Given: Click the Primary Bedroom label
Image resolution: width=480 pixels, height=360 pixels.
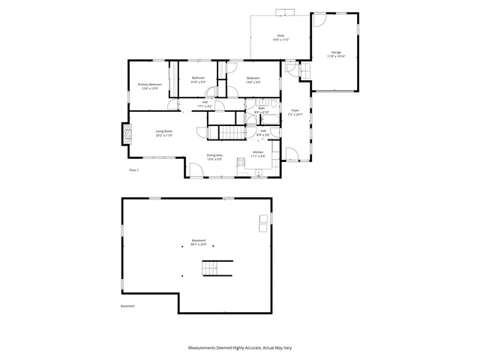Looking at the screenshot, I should click(149, 85).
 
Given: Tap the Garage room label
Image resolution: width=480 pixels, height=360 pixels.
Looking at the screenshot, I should click(336, 54).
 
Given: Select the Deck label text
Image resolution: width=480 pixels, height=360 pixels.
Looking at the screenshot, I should click(280, 37).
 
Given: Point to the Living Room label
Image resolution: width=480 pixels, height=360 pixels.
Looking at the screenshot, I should click(165, 134).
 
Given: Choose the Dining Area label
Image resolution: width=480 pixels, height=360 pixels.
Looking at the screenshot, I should click(214, 156).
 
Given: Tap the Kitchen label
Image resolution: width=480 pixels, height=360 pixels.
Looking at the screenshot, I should click(257, 154).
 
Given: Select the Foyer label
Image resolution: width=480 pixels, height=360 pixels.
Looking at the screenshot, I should click(295, 114).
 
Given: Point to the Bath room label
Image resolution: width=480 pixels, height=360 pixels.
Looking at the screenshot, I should click(262, 110).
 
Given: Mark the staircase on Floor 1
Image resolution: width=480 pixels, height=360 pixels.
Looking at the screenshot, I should click(232, 133).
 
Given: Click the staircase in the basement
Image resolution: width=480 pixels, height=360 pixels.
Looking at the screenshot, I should click(215, 268).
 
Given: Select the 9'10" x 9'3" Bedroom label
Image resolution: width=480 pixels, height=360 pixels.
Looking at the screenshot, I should click(198, 79).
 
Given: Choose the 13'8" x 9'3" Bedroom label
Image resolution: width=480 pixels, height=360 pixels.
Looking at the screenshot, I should click(253, 79).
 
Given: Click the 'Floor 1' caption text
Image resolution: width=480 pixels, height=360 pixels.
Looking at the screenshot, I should click(134, 171).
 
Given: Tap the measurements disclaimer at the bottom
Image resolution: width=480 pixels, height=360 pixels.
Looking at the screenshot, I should click(240, 348).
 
